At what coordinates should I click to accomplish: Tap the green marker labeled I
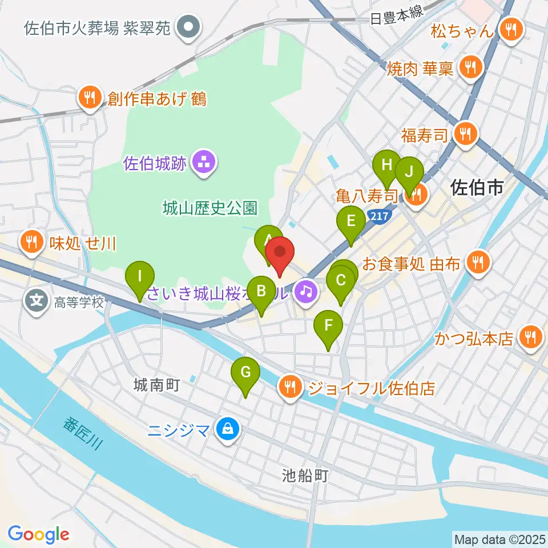click(140, 277)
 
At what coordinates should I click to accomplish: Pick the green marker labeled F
click(328, 328)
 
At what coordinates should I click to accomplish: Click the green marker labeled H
click(387, 167)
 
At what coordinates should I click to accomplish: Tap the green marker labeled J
click(409, 172)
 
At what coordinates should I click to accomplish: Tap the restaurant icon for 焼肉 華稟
click(470, 68)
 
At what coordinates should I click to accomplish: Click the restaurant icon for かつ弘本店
click(531, 339)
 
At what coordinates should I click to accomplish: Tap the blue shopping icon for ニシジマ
click(228, 428)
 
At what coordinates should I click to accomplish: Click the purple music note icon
click(307, 292)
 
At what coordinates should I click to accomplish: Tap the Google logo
click(39, 534)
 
